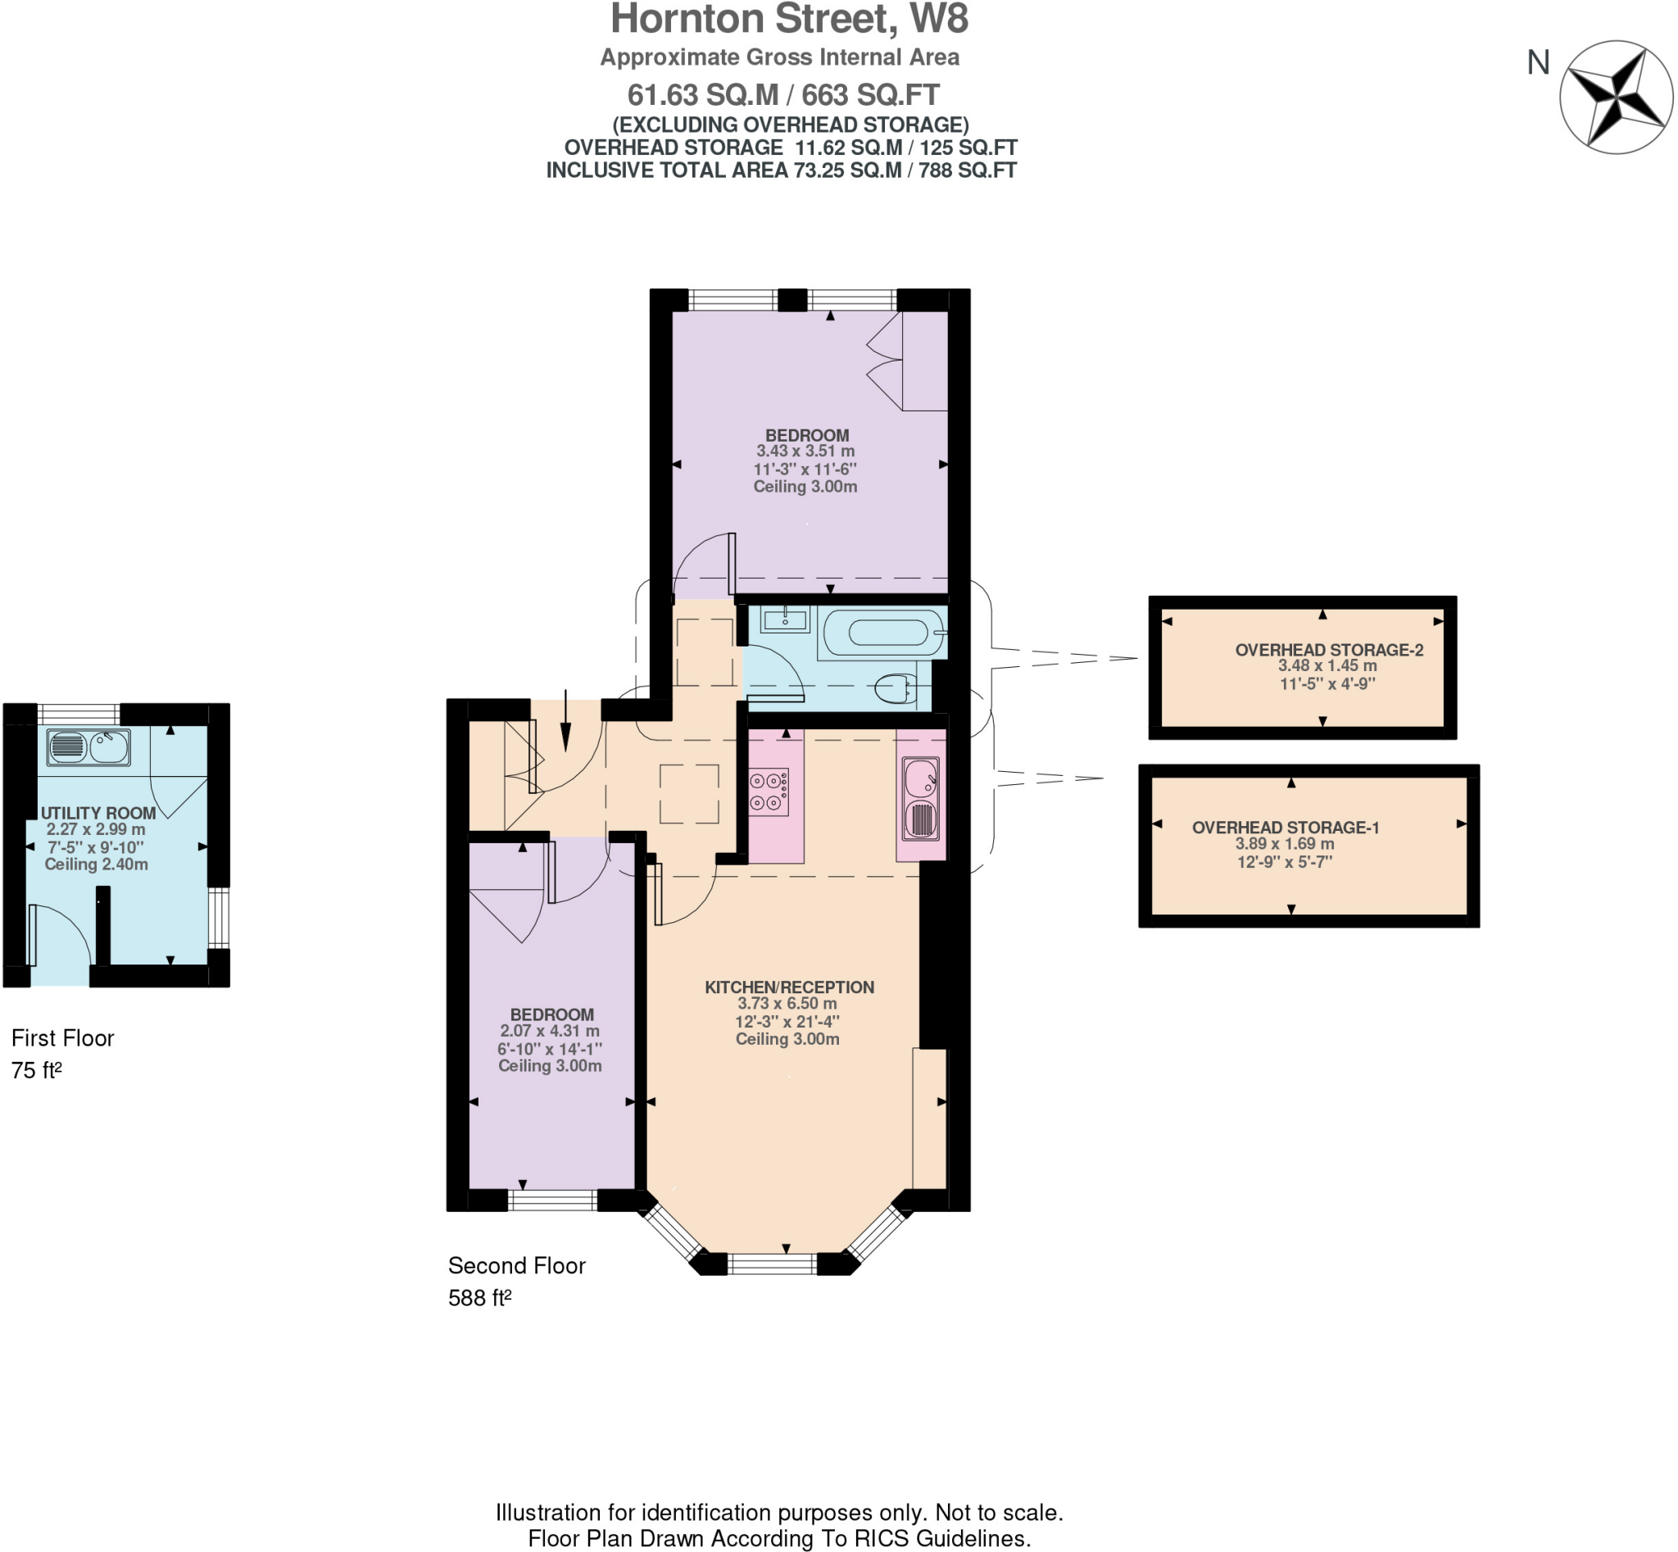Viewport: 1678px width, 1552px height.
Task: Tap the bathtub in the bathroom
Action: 876,633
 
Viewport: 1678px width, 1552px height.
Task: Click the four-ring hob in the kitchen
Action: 768,791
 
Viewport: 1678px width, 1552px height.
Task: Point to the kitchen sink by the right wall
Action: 920,799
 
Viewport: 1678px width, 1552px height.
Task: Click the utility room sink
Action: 88,747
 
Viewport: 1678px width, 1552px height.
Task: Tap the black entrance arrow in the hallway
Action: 565,721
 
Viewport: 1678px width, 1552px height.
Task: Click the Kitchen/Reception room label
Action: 788,987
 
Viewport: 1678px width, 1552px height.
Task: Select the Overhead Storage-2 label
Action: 1329,649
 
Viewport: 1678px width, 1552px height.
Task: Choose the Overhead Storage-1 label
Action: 1285,828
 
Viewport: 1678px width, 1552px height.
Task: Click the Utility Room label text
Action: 98,813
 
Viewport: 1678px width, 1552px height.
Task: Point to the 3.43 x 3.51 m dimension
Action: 805,451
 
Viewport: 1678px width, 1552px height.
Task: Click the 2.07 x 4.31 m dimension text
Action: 549,1031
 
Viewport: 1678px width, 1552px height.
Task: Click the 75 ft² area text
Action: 36,1070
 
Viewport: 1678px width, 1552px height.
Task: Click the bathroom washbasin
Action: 784,620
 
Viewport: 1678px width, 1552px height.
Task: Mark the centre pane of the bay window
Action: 771,1263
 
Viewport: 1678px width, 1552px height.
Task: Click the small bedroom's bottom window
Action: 551,1200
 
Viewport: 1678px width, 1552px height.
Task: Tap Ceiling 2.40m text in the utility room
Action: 96,864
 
